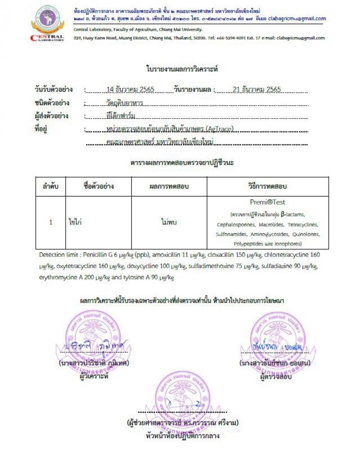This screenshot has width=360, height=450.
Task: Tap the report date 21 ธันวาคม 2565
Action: pos(257,89)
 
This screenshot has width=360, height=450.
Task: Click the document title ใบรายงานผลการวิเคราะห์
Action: pos(182,69)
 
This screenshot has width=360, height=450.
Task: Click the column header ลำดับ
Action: pos(51,186)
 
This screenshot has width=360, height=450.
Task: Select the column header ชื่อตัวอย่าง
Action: pos(99,186)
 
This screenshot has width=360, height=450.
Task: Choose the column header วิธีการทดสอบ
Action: pos(267,186)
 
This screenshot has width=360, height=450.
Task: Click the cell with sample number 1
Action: pos(51,222)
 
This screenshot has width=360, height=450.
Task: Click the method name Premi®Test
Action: pos(267,202)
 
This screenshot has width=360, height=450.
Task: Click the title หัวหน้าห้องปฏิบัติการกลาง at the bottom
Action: pos(182,436)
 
